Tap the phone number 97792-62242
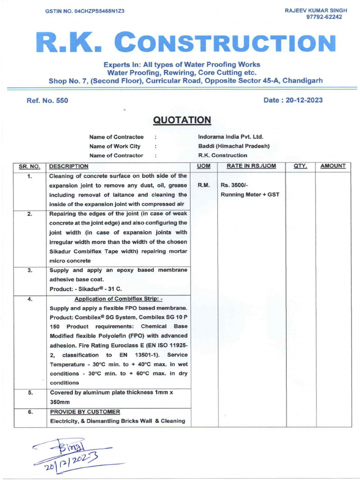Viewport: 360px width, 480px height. [324, 17]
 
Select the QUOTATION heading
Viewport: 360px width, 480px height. [182, 120]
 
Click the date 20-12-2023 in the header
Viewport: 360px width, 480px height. [294, 100]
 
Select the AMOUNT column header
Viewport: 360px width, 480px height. [333, 166]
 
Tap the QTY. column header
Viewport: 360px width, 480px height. [300, 166]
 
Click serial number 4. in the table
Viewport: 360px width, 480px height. [30, 299]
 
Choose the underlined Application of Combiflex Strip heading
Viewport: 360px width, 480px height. [119, 299]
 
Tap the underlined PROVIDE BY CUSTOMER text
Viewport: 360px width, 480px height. [85, 412]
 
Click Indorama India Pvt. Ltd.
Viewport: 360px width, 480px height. [231, 137]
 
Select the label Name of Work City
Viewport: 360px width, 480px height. [115, 146]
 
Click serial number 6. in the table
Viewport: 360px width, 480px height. [30, 412]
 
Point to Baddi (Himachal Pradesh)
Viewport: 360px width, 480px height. [234, 146]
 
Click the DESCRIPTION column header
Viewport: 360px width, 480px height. [68, 166]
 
